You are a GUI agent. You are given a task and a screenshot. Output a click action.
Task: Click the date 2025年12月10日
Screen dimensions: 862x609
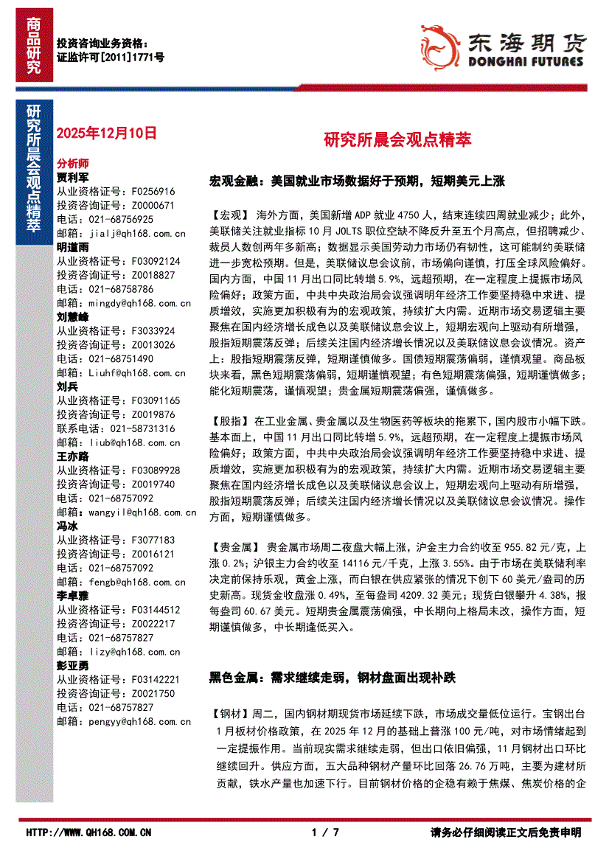[x=107, y=133]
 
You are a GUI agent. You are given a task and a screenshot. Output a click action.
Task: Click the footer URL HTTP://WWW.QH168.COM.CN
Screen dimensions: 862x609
[x=89, y=833]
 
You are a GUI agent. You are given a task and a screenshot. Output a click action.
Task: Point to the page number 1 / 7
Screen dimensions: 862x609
[x=326, y=833]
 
